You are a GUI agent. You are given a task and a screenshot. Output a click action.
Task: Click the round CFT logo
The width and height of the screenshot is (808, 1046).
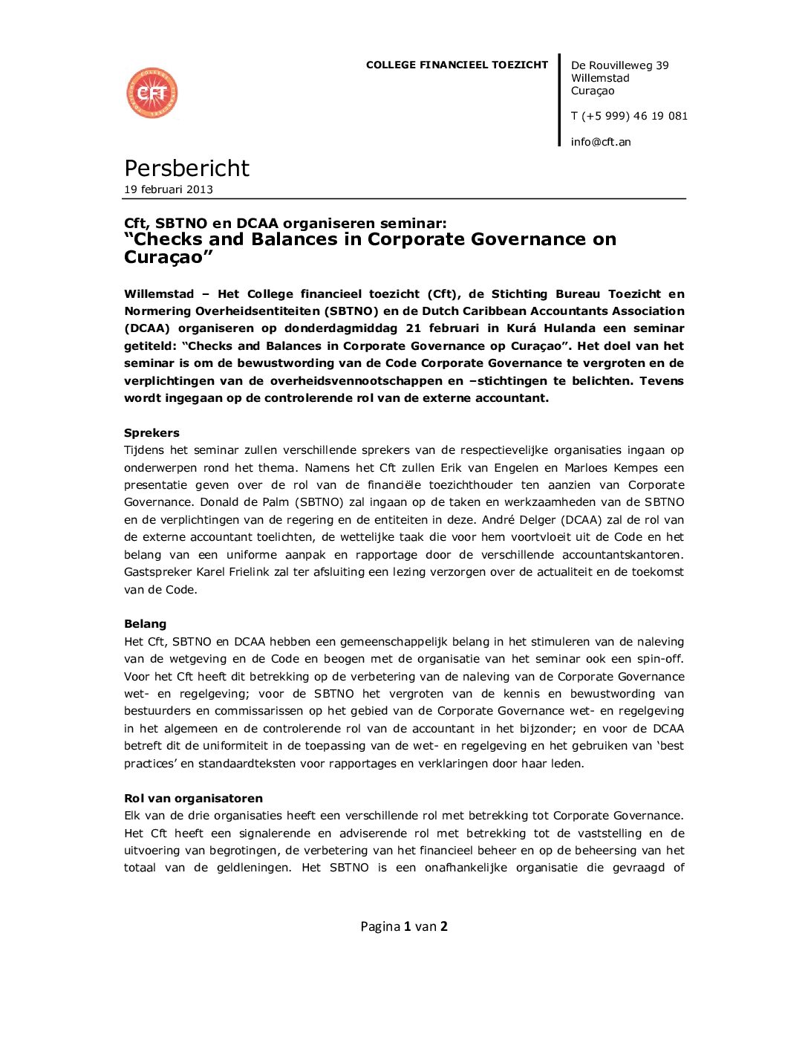(152, 94)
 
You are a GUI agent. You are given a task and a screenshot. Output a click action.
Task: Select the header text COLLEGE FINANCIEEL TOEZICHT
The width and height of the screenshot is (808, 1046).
(457, 65)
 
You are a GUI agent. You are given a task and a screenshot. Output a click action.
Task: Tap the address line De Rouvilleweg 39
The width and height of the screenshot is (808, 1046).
(619, 65)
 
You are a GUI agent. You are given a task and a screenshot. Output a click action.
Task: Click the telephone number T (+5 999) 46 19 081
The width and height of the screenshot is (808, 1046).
(629, 116)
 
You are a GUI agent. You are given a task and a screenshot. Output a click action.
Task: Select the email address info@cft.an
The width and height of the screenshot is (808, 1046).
(601, 142)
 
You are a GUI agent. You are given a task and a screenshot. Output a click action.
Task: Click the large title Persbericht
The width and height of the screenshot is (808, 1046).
(186, 169)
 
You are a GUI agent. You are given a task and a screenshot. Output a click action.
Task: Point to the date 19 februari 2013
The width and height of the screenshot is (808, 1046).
(169, 189)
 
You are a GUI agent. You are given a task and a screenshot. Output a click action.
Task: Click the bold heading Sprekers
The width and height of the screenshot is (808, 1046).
(151, 433)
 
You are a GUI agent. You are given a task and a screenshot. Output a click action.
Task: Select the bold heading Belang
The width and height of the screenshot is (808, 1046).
(145, 624)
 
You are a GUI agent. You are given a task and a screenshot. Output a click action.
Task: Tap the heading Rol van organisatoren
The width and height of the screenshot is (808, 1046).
(193, 799)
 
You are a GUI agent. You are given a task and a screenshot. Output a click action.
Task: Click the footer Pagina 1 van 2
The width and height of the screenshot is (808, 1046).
(404, 926)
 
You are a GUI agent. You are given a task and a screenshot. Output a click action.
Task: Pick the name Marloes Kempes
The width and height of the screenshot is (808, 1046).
(611, 468)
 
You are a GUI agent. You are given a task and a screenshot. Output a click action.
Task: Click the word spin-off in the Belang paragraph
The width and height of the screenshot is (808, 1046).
(658, 659)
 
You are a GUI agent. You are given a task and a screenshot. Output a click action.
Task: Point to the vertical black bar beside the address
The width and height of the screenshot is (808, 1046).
(559, 100)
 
